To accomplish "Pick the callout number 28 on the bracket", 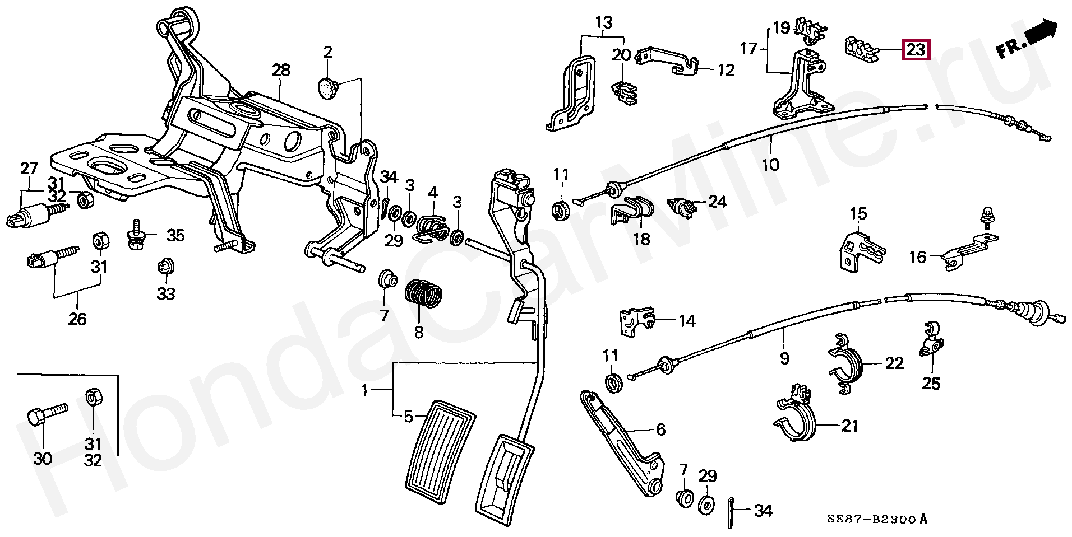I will pos(281,71).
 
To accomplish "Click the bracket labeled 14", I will pos(636,322).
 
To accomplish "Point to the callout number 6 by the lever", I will pos(660,429).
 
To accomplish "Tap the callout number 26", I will pos(77,319).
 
